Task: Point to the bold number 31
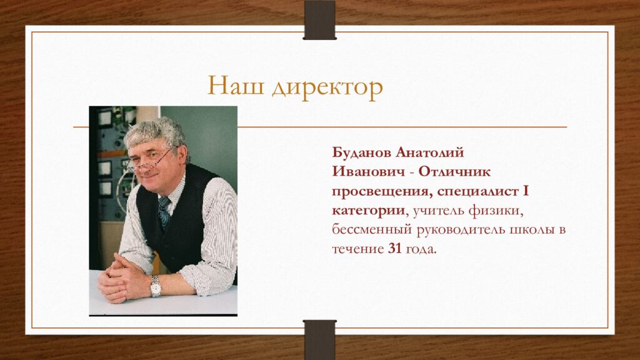[x=394, y=249]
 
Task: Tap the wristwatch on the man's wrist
[x=156, y=286]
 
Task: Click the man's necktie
[x=164, y=211]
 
